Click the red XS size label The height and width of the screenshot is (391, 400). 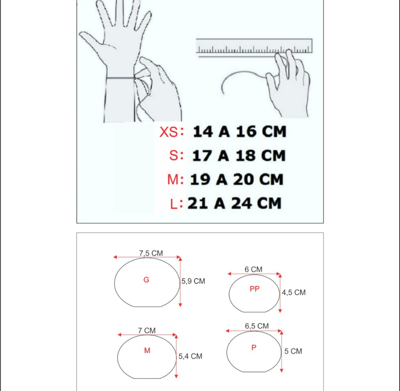(169, 132)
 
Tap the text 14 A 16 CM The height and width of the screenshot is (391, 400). (240, 132)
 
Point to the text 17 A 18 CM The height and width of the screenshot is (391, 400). (239, 155)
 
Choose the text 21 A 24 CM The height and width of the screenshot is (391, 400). (235, 204)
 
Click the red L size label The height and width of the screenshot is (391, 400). (174, 204)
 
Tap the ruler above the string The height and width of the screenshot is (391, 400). (254, 46)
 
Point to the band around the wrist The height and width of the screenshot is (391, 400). (120, 78)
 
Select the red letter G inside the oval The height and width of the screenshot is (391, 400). (146, 280)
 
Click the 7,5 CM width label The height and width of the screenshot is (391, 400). (151, 253)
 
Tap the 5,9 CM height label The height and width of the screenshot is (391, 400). (194, 281)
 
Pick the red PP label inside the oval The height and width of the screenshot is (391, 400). (255, 289)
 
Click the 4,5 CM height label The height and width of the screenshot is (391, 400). (294, 292)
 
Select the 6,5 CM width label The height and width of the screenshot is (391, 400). (257, 326)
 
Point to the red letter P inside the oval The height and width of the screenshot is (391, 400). (254, 347)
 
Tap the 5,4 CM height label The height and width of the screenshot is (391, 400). (190, 356)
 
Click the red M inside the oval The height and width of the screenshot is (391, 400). (147, 350)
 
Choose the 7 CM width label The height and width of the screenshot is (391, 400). (147, 330)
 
